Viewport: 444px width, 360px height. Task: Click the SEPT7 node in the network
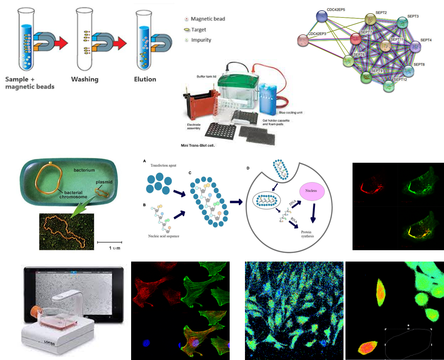click(355, 39)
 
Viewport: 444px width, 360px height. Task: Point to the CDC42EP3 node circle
click(303, 40)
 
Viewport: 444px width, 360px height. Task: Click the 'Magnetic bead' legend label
click(208, 19)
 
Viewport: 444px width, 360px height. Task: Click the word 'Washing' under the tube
click(84, 79)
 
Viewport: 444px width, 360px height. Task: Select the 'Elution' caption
click(145, 79)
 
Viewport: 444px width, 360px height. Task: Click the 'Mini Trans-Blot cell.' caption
click(199, 145)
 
